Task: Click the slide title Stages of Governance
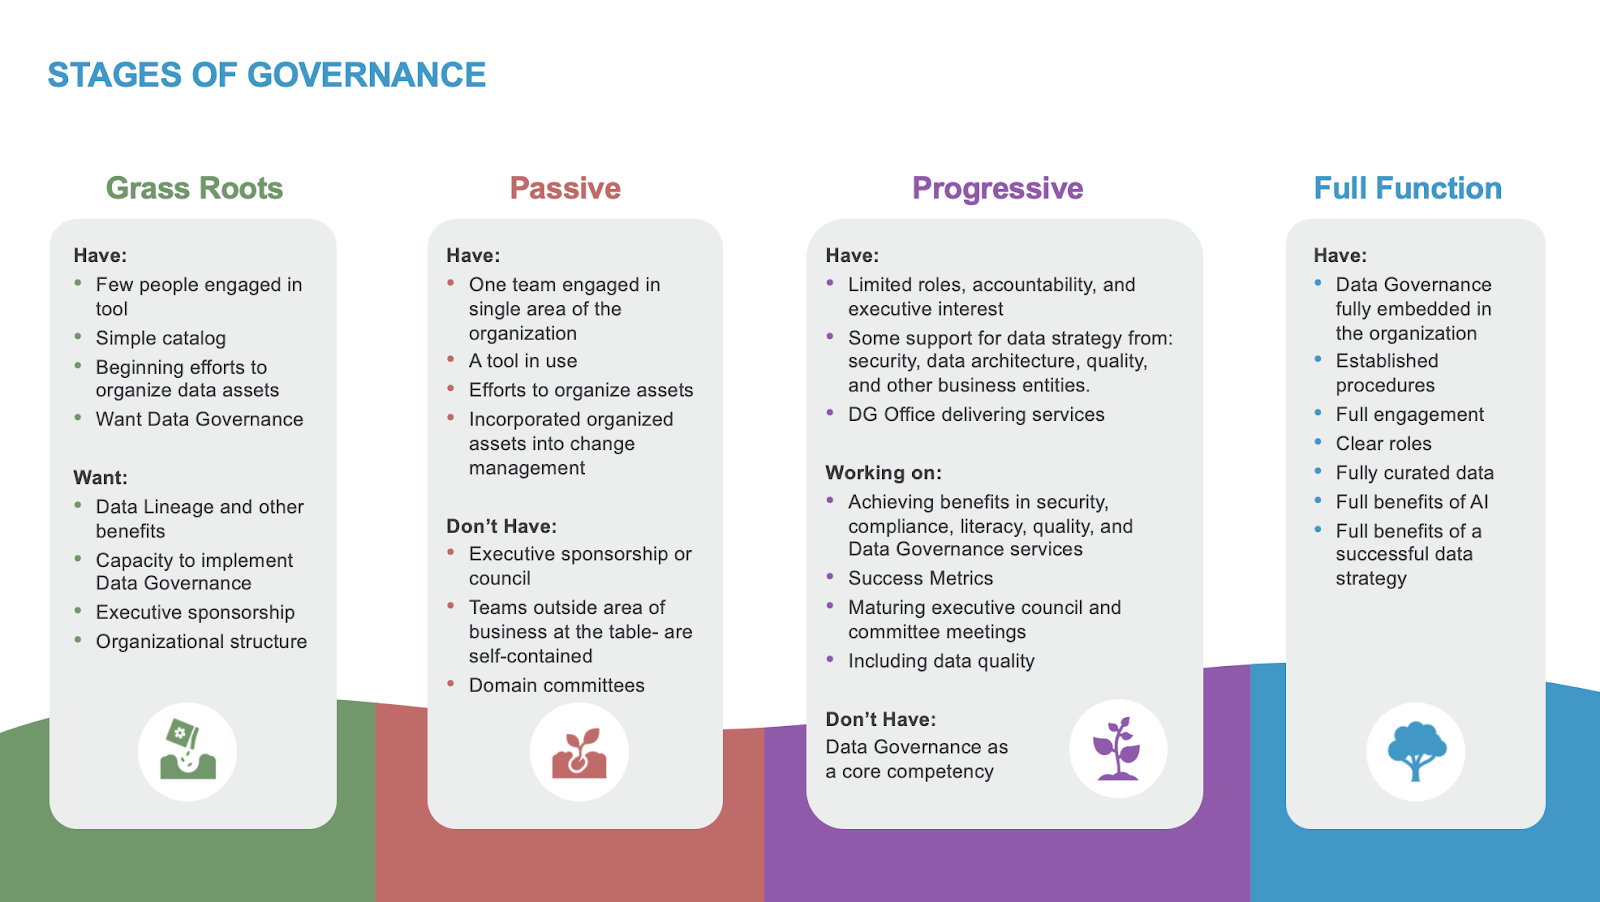click(266, 75)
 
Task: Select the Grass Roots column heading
click(194, 188)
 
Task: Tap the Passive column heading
click(565, 188)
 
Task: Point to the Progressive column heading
click(997, 188)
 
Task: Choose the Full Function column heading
click(1407, 188)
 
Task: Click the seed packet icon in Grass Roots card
click(187, 751)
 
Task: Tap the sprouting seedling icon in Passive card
click(579, 752)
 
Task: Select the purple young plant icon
click(1117, 748)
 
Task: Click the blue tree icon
click(1415, 751)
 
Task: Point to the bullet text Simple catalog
click(161, 338)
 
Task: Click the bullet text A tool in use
click(523, 361)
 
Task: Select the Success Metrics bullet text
click(920, 578)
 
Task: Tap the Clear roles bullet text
click(1383, 443)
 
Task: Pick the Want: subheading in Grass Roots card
click(100, 477)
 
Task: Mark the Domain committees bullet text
click(556, 685)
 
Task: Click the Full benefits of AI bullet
click(1411, 502)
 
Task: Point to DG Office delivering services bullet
click(976, 414)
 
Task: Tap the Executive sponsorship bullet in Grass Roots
click(195, 612)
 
